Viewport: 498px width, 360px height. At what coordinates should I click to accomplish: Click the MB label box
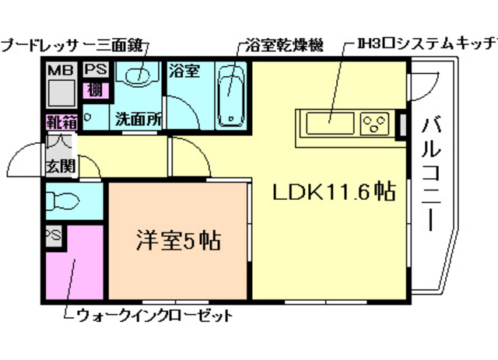pos(60,71)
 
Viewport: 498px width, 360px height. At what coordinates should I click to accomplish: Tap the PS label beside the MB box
pos(96,70)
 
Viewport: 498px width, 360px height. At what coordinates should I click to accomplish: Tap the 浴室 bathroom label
pos(185,71)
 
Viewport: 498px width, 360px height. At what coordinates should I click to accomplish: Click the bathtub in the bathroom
pos(232,96)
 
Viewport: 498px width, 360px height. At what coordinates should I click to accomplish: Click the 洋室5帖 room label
pos(179,239)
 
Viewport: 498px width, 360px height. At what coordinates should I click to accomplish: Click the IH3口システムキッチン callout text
pos(425,42)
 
